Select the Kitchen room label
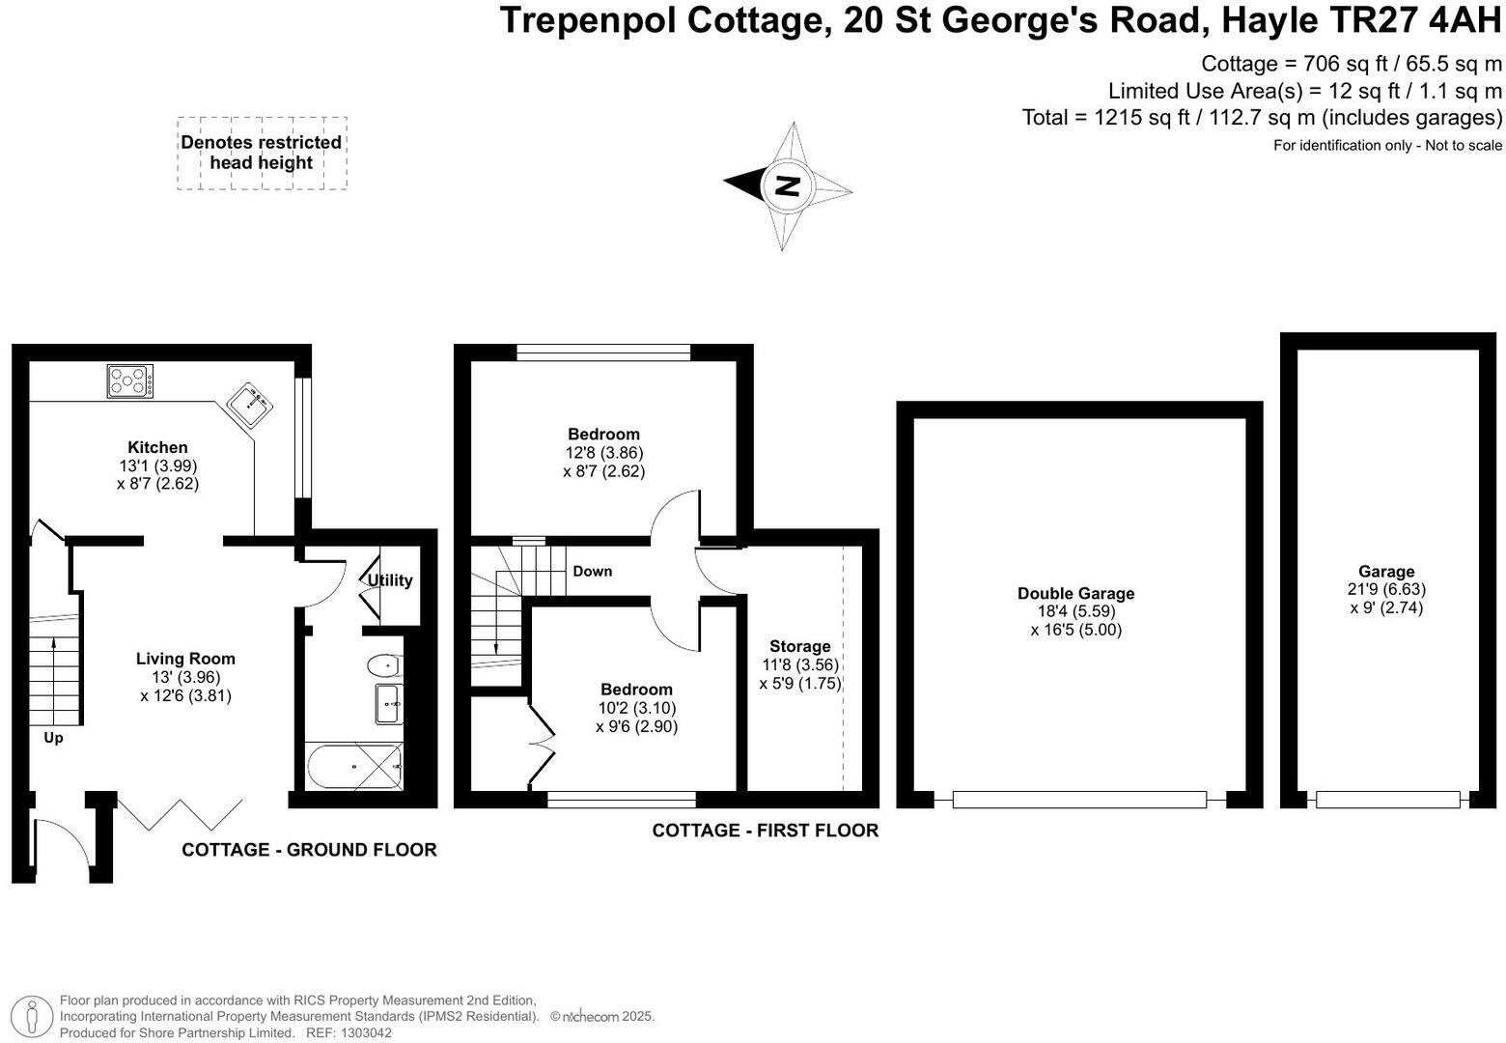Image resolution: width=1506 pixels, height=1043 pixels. [x=157, y=447]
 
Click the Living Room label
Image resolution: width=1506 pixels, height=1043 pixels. [x=185, y=659]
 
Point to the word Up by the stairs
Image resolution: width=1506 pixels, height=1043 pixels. [x=53, y=738]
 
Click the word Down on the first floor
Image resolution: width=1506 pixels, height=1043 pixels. [x=592, y=571]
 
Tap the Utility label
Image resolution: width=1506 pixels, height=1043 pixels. [x=390, y=580]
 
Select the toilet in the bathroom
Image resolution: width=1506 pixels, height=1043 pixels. [x=383, y=665]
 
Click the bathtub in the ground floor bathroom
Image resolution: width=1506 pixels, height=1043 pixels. [x=353, y=767]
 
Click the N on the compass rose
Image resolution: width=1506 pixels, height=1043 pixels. [x=789, y=185]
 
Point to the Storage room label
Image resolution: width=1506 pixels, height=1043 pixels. [x=799, y=646]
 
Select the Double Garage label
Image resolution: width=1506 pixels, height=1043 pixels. [x=1075, y=593]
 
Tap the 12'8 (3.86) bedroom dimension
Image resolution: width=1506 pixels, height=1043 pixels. [x=603, y=452]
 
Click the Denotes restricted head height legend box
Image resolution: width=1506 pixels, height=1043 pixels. [x=262, y=153]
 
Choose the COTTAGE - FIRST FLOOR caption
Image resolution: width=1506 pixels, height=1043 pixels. [x=765, y=831]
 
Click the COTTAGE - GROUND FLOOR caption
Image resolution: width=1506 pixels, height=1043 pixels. [x=309, y=850]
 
